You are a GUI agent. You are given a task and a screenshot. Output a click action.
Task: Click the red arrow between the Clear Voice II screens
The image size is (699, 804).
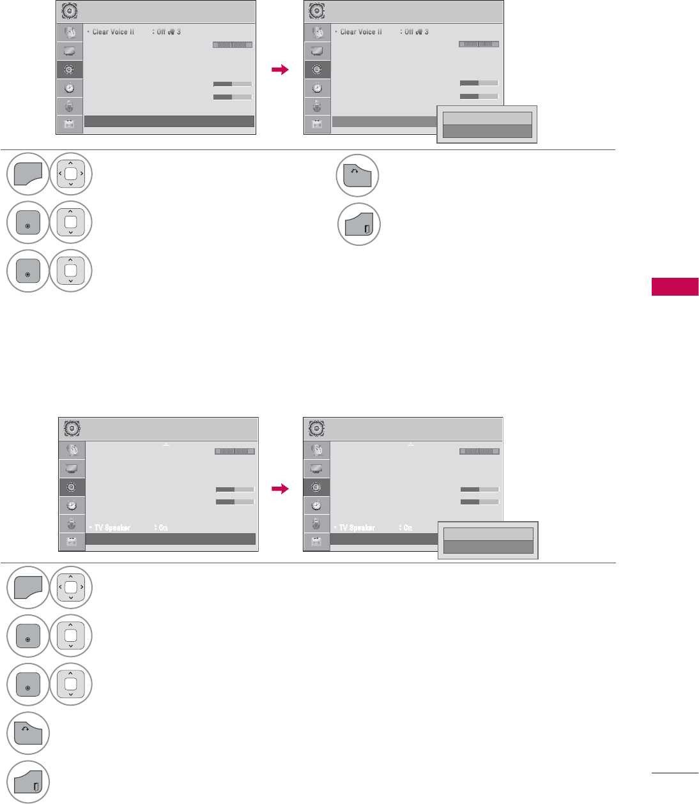point(280,70)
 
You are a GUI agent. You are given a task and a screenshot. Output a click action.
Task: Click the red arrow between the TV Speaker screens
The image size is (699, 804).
point(280,489)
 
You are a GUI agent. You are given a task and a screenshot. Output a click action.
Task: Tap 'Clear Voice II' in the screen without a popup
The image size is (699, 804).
point(113,32)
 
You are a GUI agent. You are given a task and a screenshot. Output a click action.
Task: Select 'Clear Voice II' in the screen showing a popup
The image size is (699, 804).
point(361,32)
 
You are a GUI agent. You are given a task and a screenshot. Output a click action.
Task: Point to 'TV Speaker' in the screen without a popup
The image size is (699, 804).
point(112,527)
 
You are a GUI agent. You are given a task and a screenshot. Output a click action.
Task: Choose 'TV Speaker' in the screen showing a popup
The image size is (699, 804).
point(357,527)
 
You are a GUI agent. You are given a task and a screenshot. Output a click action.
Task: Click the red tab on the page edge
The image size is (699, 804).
point(675,287)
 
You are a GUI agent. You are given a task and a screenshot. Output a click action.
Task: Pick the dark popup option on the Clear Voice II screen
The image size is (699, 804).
point(488,131)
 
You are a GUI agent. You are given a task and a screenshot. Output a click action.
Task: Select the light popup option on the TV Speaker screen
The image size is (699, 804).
point(488,535)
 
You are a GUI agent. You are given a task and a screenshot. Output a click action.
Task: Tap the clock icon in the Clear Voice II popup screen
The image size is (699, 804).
point(317,88)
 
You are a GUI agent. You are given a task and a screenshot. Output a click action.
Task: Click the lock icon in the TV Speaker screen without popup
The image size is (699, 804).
point(72,524)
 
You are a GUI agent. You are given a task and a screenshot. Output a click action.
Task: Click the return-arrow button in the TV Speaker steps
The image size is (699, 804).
point(28,733)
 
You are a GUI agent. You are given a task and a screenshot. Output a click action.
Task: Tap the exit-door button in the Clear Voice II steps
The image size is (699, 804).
point(359,224)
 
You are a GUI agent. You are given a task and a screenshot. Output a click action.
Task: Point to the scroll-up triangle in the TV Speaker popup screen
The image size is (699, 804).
point(411,444)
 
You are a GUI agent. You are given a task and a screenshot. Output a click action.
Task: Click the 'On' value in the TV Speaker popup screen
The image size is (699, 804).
point(408,527)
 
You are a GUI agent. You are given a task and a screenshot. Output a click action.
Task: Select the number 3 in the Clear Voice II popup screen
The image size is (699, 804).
point(427,32)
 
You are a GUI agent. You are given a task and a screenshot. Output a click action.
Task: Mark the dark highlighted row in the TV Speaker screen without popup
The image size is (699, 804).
point(170,539)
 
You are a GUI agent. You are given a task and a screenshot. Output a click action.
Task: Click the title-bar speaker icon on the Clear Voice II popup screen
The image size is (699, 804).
point(316,11)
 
